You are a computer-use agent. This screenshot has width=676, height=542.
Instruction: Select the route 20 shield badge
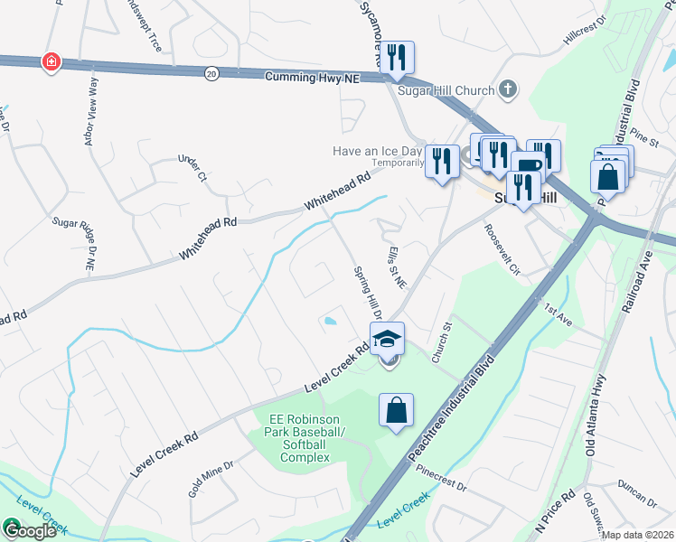(x=211, y=72)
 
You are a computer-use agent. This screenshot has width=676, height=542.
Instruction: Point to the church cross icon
(x=509, y=89)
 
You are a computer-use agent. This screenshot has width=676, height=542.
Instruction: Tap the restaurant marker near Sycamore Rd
(x=397, y=59)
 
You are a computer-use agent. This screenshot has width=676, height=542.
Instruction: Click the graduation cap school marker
(x=388, y=339)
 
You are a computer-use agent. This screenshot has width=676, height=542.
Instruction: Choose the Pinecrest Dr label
(x=437, y=478)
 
